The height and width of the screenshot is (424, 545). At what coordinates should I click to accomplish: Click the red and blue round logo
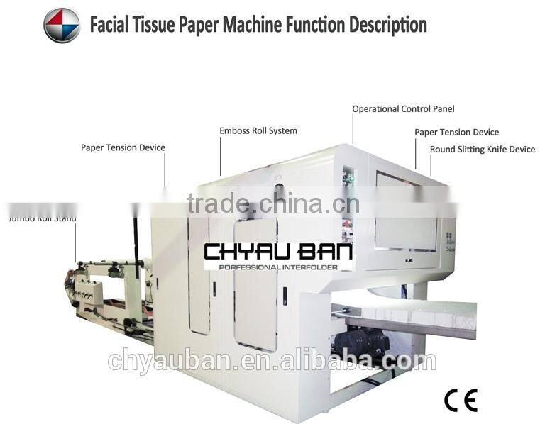62,26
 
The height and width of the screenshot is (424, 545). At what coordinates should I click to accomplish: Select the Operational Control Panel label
403,109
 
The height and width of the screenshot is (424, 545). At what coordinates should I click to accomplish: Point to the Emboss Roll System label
258,130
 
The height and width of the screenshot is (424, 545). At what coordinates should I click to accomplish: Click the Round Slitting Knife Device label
483,150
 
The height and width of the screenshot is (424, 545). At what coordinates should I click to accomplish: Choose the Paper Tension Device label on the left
123,147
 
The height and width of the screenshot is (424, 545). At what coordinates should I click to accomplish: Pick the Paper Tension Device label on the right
456,132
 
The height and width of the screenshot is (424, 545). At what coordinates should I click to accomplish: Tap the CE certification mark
461,400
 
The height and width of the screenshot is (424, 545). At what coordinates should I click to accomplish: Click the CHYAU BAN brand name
278,252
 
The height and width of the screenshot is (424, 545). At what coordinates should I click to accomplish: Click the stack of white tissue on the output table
426,312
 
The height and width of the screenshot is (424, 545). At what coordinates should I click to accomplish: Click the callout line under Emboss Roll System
221,156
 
